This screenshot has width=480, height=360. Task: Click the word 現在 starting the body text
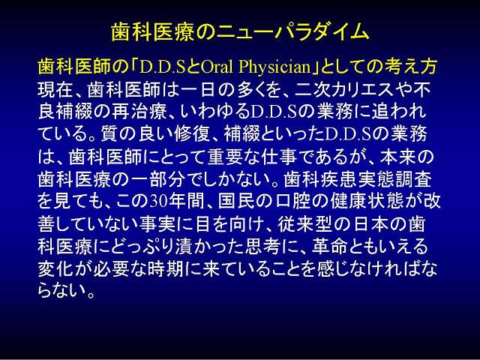click(x=55, y=89)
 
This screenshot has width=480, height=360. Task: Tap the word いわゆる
click(x=215, y=112)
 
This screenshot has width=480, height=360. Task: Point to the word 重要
click(x=225, y=157)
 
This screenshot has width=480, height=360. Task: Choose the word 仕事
click(x=279, y=157)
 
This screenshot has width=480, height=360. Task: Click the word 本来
click(x=397, y=157)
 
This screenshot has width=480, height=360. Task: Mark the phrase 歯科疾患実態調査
click(x=358, y=179)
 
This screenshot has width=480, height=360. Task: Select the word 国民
click(x=235, y=202)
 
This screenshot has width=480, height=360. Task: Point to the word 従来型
click(x=304, y=224)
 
